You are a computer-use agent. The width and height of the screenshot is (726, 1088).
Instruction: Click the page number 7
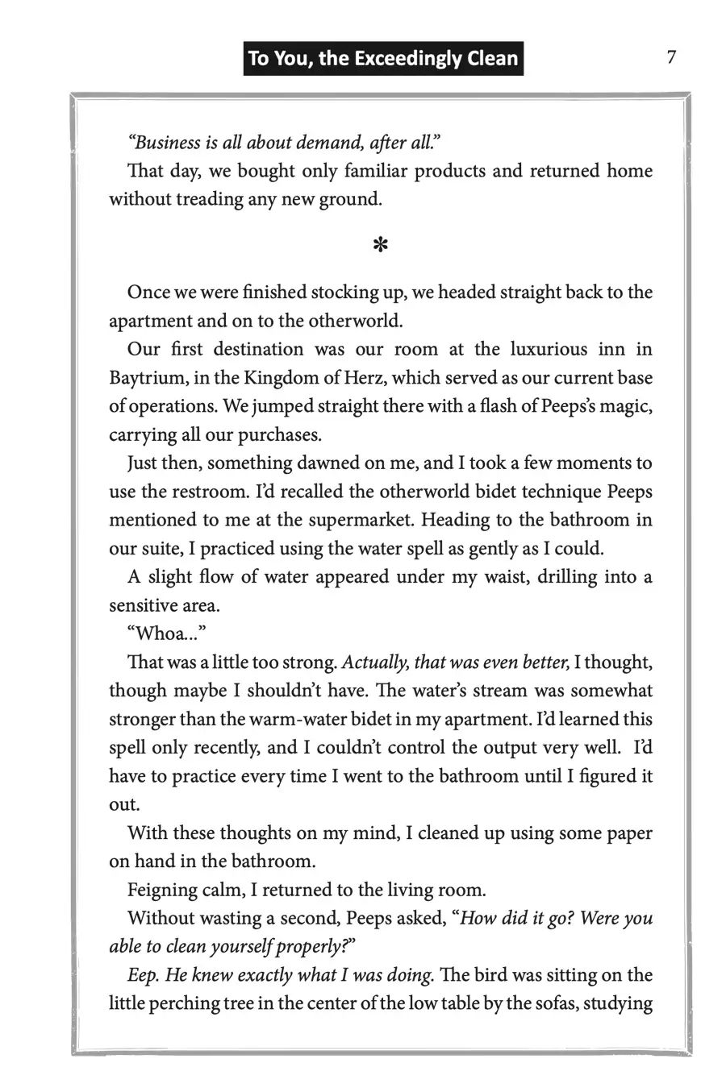(671, 57)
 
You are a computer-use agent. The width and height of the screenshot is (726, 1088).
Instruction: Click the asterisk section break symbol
(381, 245)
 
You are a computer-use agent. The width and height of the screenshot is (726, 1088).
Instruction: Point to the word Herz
(363, 378)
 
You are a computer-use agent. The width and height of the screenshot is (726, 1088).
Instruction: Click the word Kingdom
(276, 378)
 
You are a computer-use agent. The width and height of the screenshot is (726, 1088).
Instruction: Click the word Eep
(143, 975)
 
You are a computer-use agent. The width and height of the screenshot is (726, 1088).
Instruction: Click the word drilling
(568, 577)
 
